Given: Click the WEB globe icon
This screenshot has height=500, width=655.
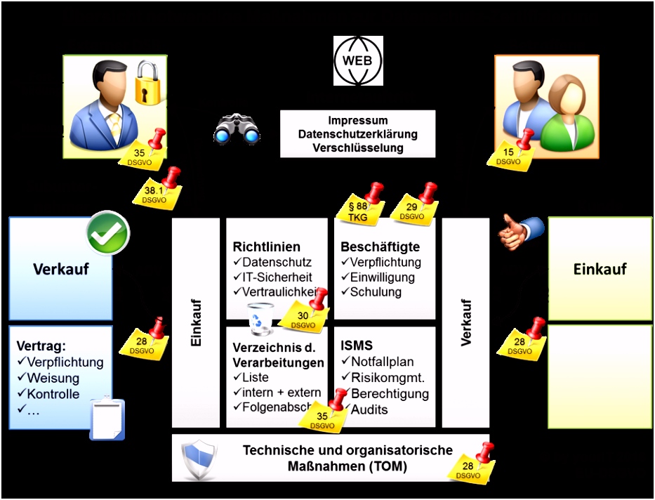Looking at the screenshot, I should pyautogui.click(x=358, y=61).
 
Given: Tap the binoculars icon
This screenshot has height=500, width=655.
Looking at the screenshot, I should pyautogui.click(x=237, y=130).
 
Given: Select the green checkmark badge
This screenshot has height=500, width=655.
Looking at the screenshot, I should pyautogui.click(x=108, y=235).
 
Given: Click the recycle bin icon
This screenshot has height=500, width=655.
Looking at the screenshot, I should pyautogui.click(x=263, y=317).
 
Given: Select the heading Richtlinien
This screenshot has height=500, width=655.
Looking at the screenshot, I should pyautogui.click(x=266, y=247).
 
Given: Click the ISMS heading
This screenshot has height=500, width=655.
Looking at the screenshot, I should pyautogui.click(x=356, y=346).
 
